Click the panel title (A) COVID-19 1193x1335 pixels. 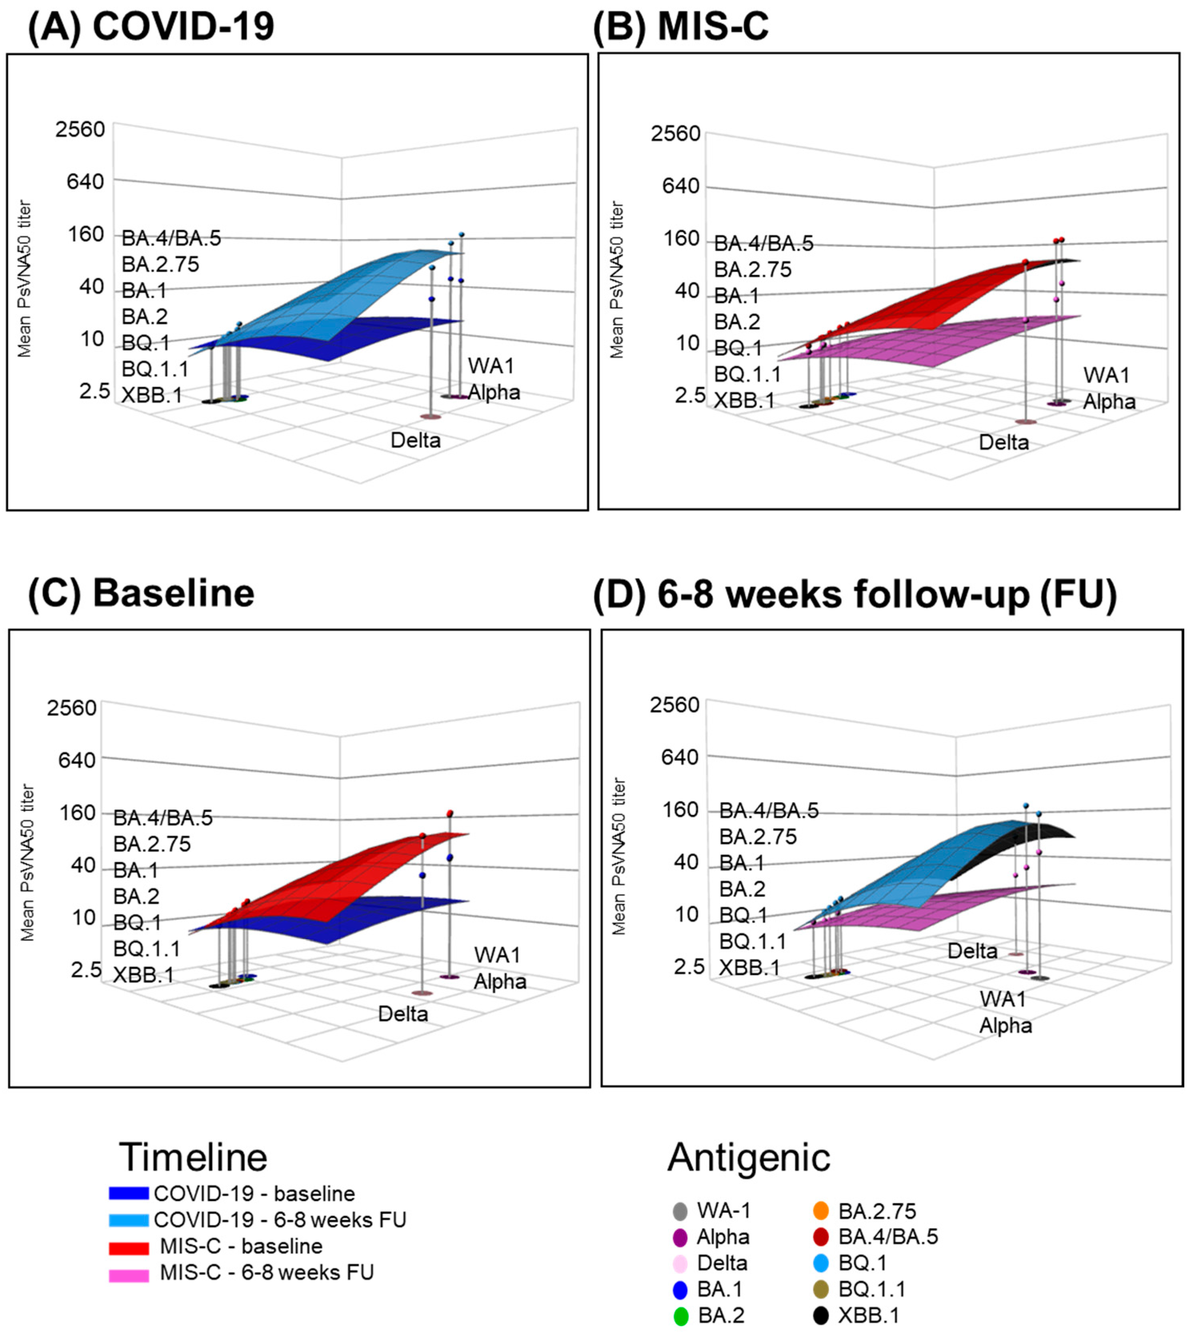pyautogui.click(x=151, y=28)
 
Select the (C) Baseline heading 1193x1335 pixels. pyautogui.click(x=141, y=593)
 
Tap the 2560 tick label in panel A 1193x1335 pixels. pyautogui.click(x=80, y=129)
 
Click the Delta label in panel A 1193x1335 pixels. pyautogui.click(x=416, y=440)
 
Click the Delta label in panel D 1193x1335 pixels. pyautogui.click(x=972, y=951)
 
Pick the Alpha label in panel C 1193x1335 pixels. pyautogui.click(x=500, y=982)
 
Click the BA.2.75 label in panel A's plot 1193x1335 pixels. pyautogui.click(x=160, y=264)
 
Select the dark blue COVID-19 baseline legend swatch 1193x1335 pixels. pyautogui.click(x=129, y=1193)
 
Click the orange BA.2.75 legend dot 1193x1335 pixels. pyautogui.click(x=820, y=1211)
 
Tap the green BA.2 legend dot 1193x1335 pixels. pyautogui.click(x=681, y=1315)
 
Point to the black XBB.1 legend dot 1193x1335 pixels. pyautogui.click(x=820, y=1315)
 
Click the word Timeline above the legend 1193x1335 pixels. pyautogui.click(x=193, y=1157)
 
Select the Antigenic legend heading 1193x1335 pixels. pyautogui.click(x=749, y=1157)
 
